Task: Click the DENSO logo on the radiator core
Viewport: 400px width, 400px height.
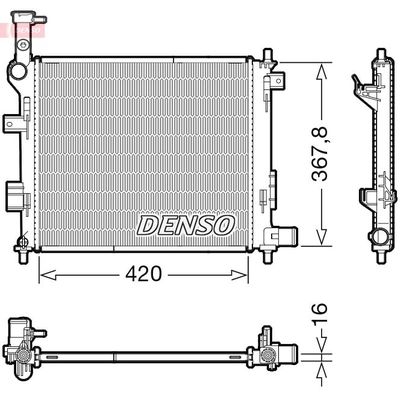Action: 185,224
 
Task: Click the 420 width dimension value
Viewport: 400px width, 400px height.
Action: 142,274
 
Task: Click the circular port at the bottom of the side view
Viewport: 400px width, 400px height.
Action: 381,238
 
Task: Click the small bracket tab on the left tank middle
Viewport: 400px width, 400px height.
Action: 12,122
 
